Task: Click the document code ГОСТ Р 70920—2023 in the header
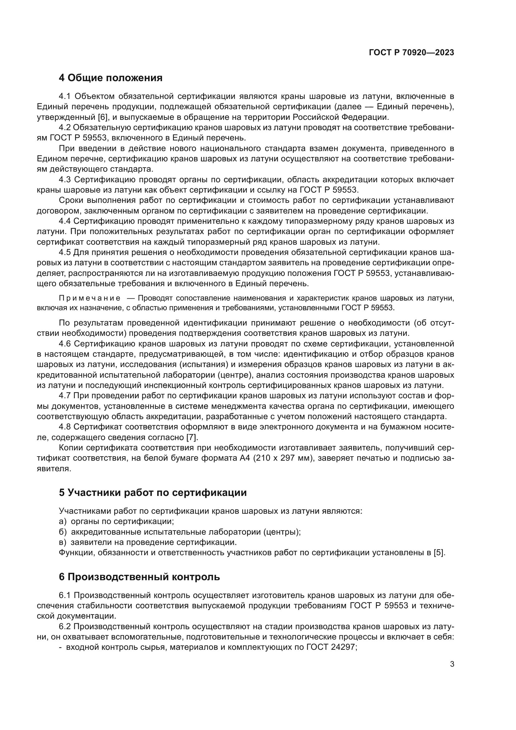pos(411,52)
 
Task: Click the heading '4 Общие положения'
pos(110,78)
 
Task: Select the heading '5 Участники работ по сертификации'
pos(153,492)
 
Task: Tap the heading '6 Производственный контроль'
pos(139,577)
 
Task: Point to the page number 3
pos(452,664)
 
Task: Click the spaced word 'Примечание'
pos(90,298)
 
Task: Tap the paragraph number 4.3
pos(65,180)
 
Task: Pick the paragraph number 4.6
pos(65,344)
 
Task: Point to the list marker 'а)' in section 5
pos(63,522)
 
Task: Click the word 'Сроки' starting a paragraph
pos(71,200)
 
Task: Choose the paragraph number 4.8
pos(65,427)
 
